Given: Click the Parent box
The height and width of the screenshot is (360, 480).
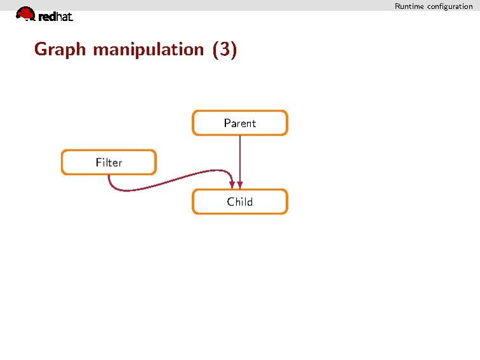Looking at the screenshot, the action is pos(240,123).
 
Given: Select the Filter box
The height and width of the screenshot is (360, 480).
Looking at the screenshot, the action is pos(109,162).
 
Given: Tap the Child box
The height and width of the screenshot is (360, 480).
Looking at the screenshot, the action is pos(240,202).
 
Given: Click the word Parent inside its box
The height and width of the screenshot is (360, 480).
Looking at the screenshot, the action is pos(240,123).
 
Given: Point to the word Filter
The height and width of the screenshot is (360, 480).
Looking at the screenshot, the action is pos(109,162).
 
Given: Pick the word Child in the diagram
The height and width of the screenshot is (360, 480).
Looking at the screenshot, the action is pos(240,202).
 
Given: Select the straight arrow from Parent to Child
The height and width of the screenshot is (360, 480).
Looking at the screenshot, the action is pos(240,162).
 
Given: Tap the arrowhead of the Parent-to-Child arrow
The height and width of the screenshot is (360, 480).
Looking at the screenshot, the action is pos(240,185).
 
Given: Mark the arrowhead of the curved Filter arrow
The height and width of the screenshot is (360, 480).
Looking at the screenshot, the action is pos(232,185).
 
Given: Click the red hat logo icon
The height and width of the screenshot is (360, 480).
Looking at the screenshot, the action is pos(25,14).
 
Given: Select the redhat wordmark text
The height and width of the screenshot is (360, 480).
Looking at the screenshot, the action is pos(56,17).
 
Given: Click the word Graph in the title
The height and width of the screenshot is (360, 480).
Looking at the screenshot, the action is pos(60,50).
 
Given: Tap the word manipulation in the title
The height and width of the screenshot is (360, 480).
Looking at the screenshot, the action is pos(148,50).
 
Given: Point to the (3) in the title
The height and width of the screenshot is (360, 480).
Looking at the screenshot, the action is pos(224,50).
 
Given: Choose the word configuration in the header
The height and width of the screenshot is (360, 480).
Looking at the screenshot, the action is pos(450,6).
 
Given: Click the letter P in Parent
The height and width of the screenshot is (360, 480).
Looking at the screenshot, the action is pos(227,123).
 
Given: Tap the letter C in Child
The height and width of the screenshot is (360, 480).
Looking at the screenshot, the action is pos(231,202).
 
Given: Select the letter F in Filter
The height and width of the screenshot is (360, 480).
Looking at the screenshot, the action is pos(99,162).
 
